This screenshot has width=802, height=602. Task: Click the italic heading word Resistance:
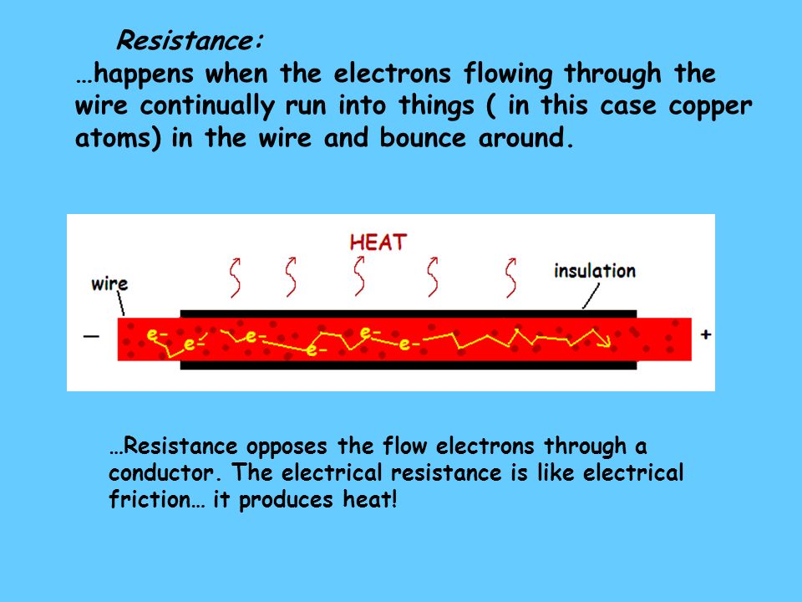pyautogui.click(x=190, y=40)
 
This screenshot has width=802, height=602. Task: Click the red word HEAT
pyautogui.click(x=378, y=242)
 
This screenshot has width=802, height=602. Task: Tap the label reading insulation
pyautogui.click(x=594, y=271)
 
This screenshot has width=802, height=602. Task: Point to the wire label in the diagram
pyautogui.click(x=109, y=283)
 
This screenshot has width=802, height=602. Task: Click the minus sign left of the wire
pyautogui.click(x=91, y=336)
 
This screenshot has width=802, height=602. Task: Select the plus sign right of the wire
pyautogui.click(x=706, y=334)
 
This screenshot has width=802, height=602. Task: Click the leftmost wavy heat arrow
pyautogui.click(x=236, y=277)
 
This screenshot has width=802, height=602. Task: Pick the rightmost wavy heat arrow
pyautogui.click(x=510, y=278)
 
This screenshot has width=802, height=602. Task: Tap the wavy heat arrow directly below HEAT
pyautogui.click(x=359, y=276)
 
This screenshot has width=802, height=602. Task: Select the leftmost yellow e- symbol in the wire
pyautogui.click(x=155, y=335)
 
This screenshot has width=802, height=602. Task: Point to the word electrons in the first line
pyautogui.click(x=393, y=74)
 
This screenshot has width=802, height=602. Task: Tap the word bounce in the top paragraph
pyautogui.click(x=423, y=138)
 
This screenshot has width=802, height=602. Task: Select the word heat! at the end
pyautogui.click(x=370, y=499)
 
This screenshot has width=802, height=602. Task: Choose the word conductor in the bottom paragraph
pyautogui.click(x=160, y=472)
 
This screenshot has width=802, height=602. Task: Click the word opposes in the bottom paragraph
pyautogui.click(x=287, y=446)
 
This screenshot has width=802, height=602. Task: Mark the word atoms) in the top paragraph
pyautogui.click(x=118, y=139)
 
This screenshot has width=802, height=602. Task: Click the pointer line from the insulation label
pyautogui.click(x=591, y=296)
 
